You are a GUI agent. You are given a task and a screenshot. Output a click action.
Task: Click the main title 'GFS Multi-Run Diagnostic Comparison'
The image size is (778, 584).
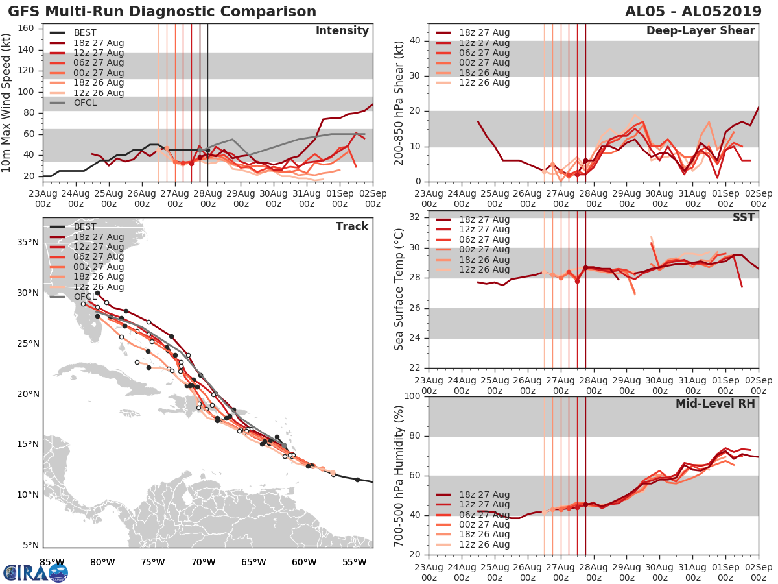pos(162,12)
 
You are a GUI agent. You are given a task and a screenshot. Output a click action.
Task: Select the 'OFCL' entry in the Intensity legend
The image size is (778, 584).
pos(84,103)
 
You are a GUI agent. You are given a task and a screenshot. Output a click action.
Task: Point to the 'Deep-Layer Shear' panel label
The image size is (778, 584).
pos(700,31)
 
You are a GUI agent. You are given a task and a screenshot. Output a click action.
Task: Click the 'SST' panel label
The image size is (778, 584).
pos(744,217)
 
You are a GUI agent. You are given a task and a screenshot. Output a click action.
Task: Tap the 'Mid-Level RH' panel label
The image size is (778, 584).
pos(715,404)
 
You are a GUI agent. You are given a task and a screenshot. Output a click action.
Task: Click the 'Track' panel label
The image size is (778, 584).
pos(352,226)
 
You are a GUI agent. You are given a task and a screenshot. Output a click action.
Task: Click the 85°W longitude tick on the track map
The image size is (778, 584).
pos(52,562)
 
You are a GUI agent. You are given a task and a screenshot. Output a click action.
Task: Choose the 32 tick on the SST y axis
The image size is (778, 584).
pos(415,217)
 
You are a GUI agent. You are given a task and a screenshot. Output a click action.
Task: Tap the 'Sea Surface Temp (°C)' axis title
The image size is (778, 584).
pos(399,289)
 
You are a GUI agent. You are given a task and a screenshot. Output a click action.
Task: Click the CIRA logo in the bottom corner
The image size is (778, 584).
pos(35,572)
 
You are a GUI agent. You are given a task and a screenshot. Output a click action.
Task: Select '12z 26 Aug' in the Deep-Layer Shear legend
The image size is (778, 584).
pos(484,83)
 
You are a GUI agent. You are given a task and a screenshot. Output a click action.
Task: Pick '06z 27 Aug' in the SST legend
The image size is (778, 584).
pos(484,239)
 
